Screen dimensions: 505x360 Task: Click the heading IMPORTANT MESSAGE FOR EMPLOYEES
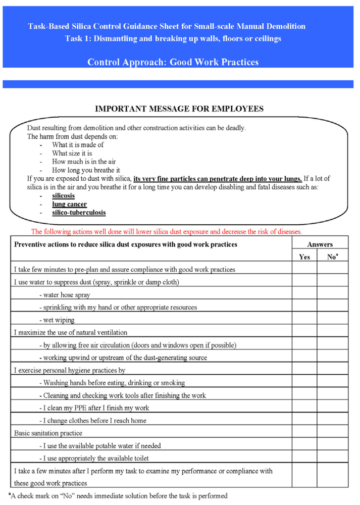point(179,109)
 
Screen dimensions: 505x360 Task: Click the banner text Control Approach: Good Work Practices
point(173,62)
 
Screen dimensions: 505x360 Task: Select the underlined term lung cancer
point(69,204)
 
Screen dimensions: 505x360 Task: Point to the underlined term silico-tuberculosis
point(79,213)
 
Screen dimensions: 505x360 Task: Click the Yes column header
point(304,257)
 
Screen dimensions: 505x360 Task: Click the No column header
point(332,257)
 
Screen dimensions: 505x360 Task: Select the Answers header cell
point(320,244)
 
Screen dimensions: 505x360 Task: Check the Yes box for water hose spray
point(304,294)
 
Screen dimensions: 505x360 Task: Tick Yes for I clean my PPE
point(304,408)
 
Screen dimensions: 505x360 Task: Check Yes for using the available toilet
point(304,458)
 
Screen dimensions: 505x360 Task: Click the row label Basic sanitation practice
point(48,433)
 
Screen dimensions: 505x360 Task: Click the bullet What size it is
point(72,153)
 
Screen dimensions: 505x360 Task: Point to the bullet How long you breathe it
point(86,170)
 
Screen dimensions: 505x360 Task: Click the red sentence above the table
point(167,232)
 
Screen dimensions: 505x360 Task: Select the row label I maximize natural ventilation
point(71,332)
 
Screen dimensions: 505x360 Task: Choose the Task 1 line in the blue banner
point(173,39)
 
